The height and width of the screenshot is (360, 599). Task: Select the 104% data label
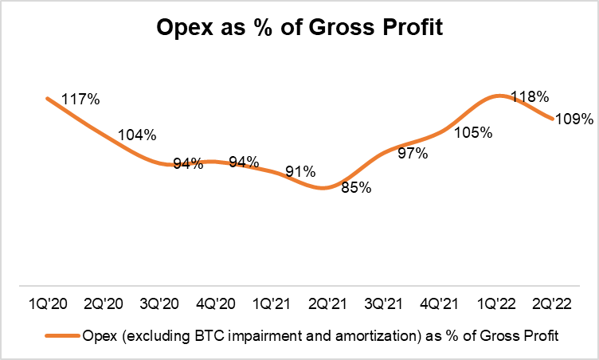point(137,135)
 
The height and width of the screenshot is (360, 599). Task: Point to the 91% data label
point(299,171)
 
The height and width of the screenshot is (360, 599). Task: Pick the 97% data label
point(412,152)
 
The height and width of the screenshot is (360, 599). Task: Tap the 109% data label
point(574,120)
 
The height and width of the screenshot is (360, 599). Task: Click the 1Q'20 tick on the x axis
point(48,303)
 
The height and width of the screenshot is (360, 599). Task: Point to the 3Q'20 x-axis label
point(159,303)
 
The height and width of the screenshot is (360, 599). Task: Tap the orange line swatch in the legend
point(61,336)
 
